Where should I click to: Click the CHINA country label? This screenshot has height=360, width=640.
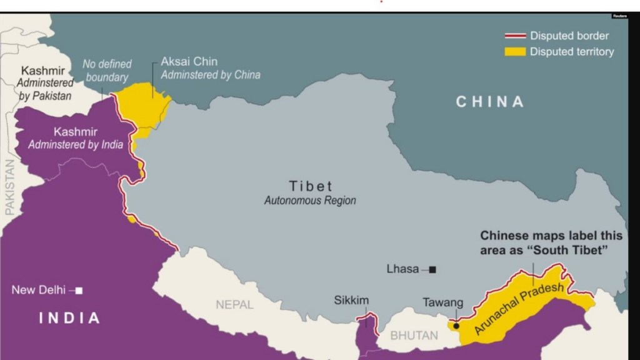tap(490, 101)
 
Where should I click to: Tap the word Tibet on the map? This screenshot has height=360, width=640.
tap(311, 186)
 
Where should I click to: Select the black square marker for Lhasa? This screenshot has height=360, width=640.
tap(432, 269)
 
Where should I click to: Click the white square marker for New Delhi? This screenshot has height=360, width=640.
tap(79, 291)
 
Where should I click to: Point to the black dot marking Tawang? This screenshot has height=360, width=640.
tap(456, 326)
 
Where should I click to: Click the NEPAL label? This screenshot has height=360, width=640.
tap(234, 305)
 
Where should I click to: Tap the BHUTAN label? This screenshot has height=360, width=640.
tap(414, 336)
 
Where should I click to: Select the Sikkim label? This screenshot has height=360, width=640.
tap(351, 301)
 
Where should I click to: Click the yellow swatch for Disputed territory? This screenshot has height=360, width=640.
tap(515, 52)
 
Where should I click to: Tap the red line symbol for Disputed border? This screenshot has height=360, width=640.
tap(515, 36)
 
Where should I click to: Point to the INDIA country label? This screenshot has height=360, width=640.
tap(69, 318)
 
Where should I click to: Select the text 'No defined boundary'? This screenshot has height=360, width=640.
tap(107, 71)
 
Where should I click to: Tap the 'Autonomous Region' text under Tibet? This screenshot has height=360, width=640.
tap(310, 201)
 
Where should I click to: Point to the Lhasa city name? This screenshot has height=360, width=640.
tap(402, 269)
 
